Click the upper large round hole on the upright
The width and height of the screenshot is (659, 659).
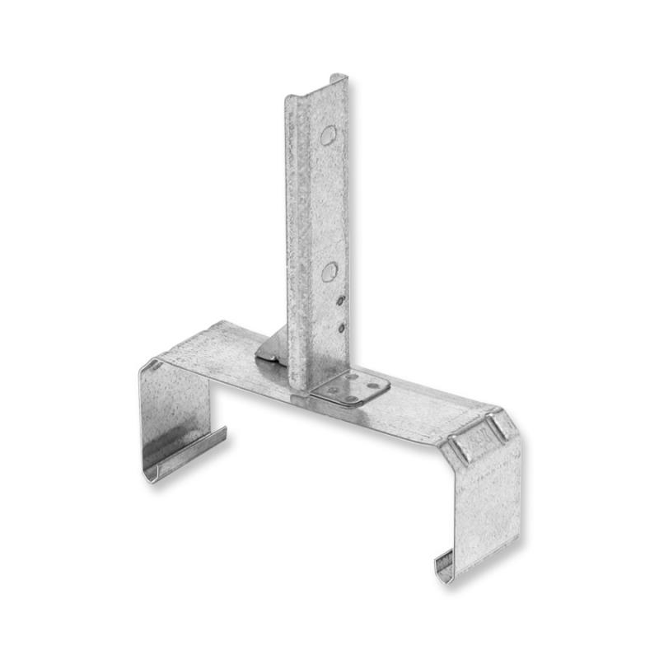pyautogui.click(x=328, y=135)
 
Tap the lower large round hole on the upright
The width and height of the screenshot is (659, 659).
pyautogui.click(x=329, y=271)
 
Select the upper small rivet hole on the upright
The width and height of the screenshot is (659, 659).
pyautogui.click(x=340, y=301)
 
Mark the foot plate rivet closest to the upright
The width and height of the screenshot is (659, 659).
pyautogui.click(x=352, y=376)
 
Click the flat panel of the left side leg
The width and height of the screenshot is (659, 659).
pyautogui.click(x=174, y=412)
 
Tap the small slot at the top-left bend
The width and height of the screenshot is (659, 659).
pyautogui.click(x=154, y=364)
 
